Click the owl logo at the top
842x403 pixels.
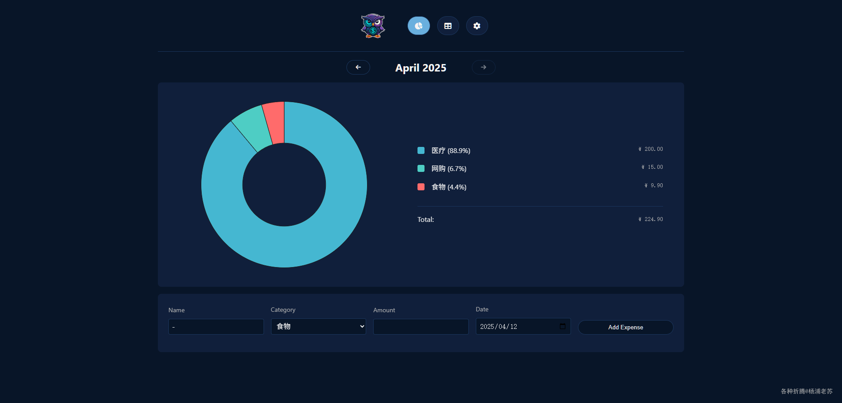(x=373, y=26)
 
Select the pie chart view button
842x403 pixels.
(x=418, y=26)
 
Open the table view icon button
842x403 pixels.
(x=448, y=26)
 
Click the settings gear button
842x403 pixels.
(x=477, y=26)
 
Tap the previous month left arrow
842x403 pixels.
(x=358, y=68)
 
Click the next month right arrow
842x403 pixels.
(x=483, y=68)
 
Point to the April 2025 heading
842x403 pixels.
(x=421, y=68)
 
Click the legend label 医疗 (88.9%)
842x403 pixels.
(x=450, y=151)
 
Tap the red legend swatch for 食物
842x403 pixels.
(x=421, y=187)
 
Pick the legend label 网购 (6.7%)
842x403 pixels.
(x=449, y=169)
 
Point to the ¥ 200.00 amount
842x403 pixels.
(x=650, y=150)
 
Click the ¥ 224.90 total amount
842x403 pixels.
(x=650, y=219)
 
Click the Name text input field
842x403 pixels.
(x=216, y=327)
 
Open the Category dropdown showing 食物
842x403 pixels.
(x=318, y=327)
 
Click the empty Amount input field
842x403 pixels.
(x=421, y=327)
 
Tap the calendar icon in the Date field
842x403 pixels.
(x=563, y=326)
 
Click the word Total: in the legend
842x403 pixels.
(x=425, y=220)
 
